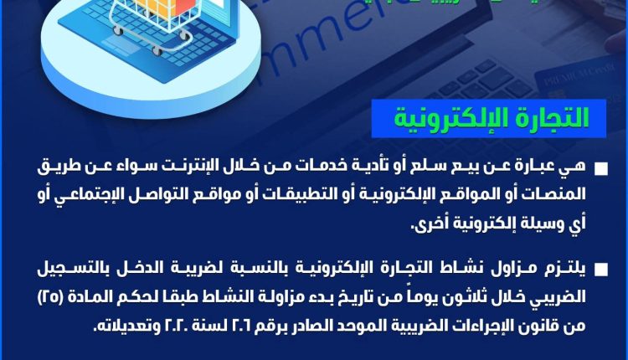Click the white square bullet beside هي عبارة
click(602, 169)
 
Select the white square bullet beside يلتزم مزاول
click(602, 269)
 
